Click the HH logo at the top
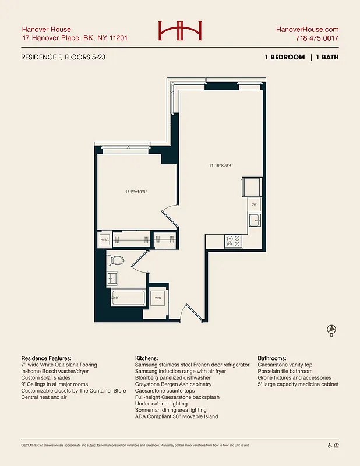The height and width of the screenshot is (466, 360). click(179, 31)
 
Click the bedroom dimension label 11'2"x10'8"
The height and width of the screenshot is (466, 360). click(136, 192)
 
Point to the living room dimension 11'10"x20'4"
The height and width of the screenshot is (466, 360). click(221, 165)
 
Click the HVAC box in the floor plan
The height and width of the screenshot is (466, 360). click(105, 239)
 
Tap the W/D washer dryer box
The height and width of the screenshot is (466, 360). click(158, 298)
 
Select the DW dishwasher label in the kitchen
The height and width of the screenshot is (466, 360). click(254, 205)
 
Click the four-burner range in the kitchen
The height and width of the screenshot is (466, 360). click(233, 241)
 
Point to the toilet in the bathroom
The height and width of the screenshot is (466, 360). click(115, 261)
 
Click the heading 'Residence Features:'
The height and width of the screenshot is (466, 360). click(46, 358)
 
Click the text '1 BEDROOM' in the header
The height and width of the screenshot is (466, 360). click(284, 57)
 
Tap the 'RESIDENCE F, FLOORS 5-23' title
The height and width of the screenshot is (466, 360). click(63, 57)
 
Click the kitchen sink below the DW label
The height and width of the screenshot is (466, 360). click(254, 220)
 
